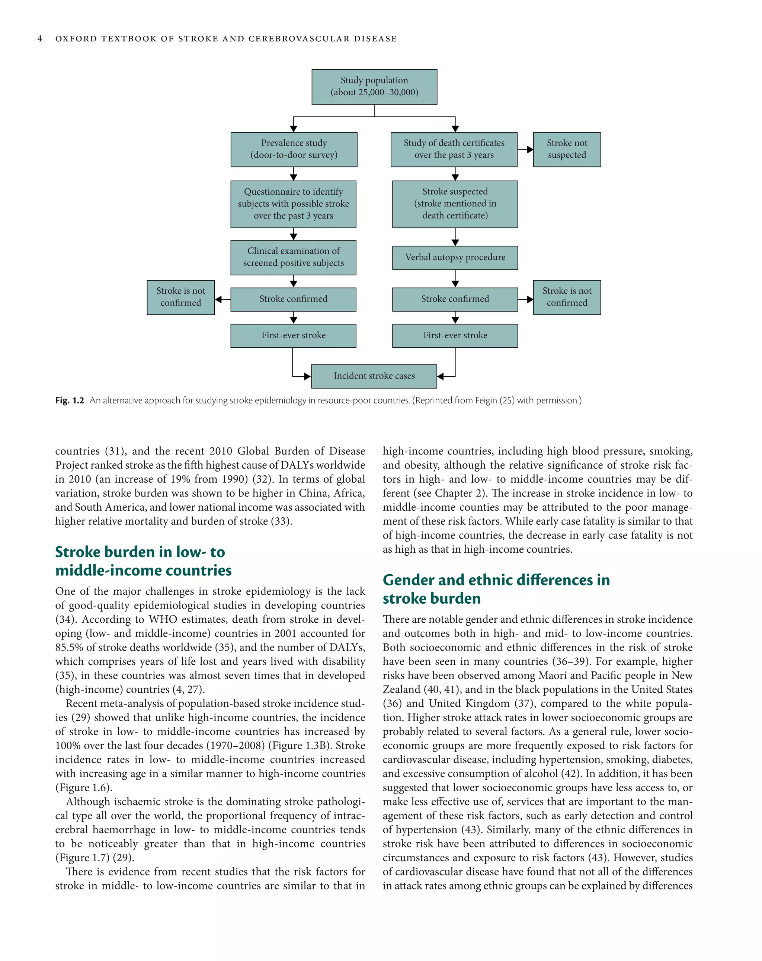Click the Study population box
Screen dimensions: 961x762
(374, 86)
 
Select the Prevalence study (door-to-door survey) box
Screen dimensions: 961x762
(294, 149)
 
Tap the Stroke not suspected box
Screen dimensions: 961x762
(566, 149)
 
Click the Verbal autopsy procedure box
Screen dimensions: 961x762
(455, 257)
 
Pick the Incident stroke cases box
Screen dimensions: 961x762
(374, 376)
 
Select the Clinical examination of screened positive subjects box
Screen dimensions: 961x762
(293, 257)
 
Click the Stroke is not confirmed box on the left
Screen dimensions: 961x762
(180, 297)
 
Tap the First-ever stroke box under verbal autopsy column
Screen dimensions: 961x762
(455, 335)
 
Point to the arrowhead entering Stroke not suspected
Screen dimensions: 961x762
(530, 150)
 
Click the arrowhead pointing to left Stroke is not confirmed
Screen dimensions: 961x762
(218, 300)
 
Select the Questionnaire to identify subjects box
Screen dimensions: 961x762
(293, 204)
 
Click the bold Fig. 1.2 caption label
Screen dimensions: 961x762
(69, 400)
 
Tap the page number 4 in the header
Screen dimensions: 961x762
(40, 39)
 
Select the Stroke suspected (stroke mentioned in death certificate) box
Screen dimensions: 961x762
(455, 204)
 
